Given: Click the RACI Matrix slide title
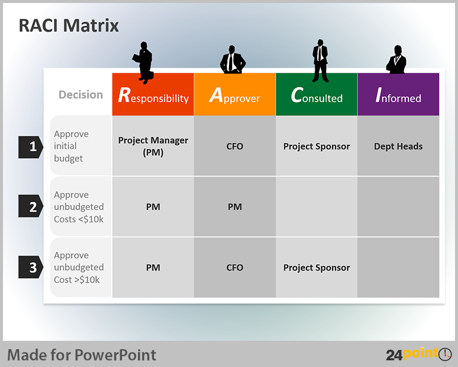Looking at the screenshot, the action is [x=68, y=26].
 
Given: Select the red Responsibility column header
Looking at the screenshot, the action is [x=153, y=95].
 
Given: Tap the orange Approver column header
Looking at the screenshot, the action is [x=235, y=95].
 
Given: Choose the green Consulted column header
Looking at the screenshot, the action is [x=316, y=95].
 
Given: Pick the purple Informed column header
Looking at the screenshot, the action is [x=399, y=95].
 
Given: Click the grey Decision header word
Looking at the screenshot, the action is [x=81, y=95].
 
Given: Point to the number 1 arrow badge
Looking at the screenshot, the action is [x=31, y=147].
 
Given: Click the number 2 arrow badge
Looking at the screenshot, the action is [x=31, y=206].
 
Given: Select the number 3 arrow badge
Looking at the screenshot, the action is [x=31, y=267].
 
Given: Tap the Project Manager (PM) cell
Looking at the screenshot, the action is [x=153, y=146].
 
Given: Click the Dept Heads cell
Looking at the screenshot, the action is [x=399, y=146].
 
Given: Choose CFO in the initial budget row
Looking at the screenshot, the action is [x=235, y=146].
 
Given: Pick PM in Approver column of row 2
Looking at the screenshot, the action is [x=235, y=207].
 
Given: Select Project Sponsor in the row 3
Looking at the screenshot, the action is [x=316, y=268].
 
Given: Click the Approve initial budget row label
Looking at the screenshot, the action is [x=71, y=146].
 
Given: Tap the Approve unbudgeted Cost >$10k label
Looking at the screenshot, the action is [x=79, y=267].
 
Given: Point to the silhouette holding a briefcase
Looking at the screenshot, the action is [x=143, y=62].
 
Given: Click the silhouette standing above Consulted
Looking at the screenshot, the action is [x=321, y=61].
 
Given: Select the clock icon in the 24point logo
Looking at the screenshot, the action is [x=445, y=354].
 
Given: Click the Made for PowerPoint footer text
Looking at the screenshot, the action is [x=82, y=355].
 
